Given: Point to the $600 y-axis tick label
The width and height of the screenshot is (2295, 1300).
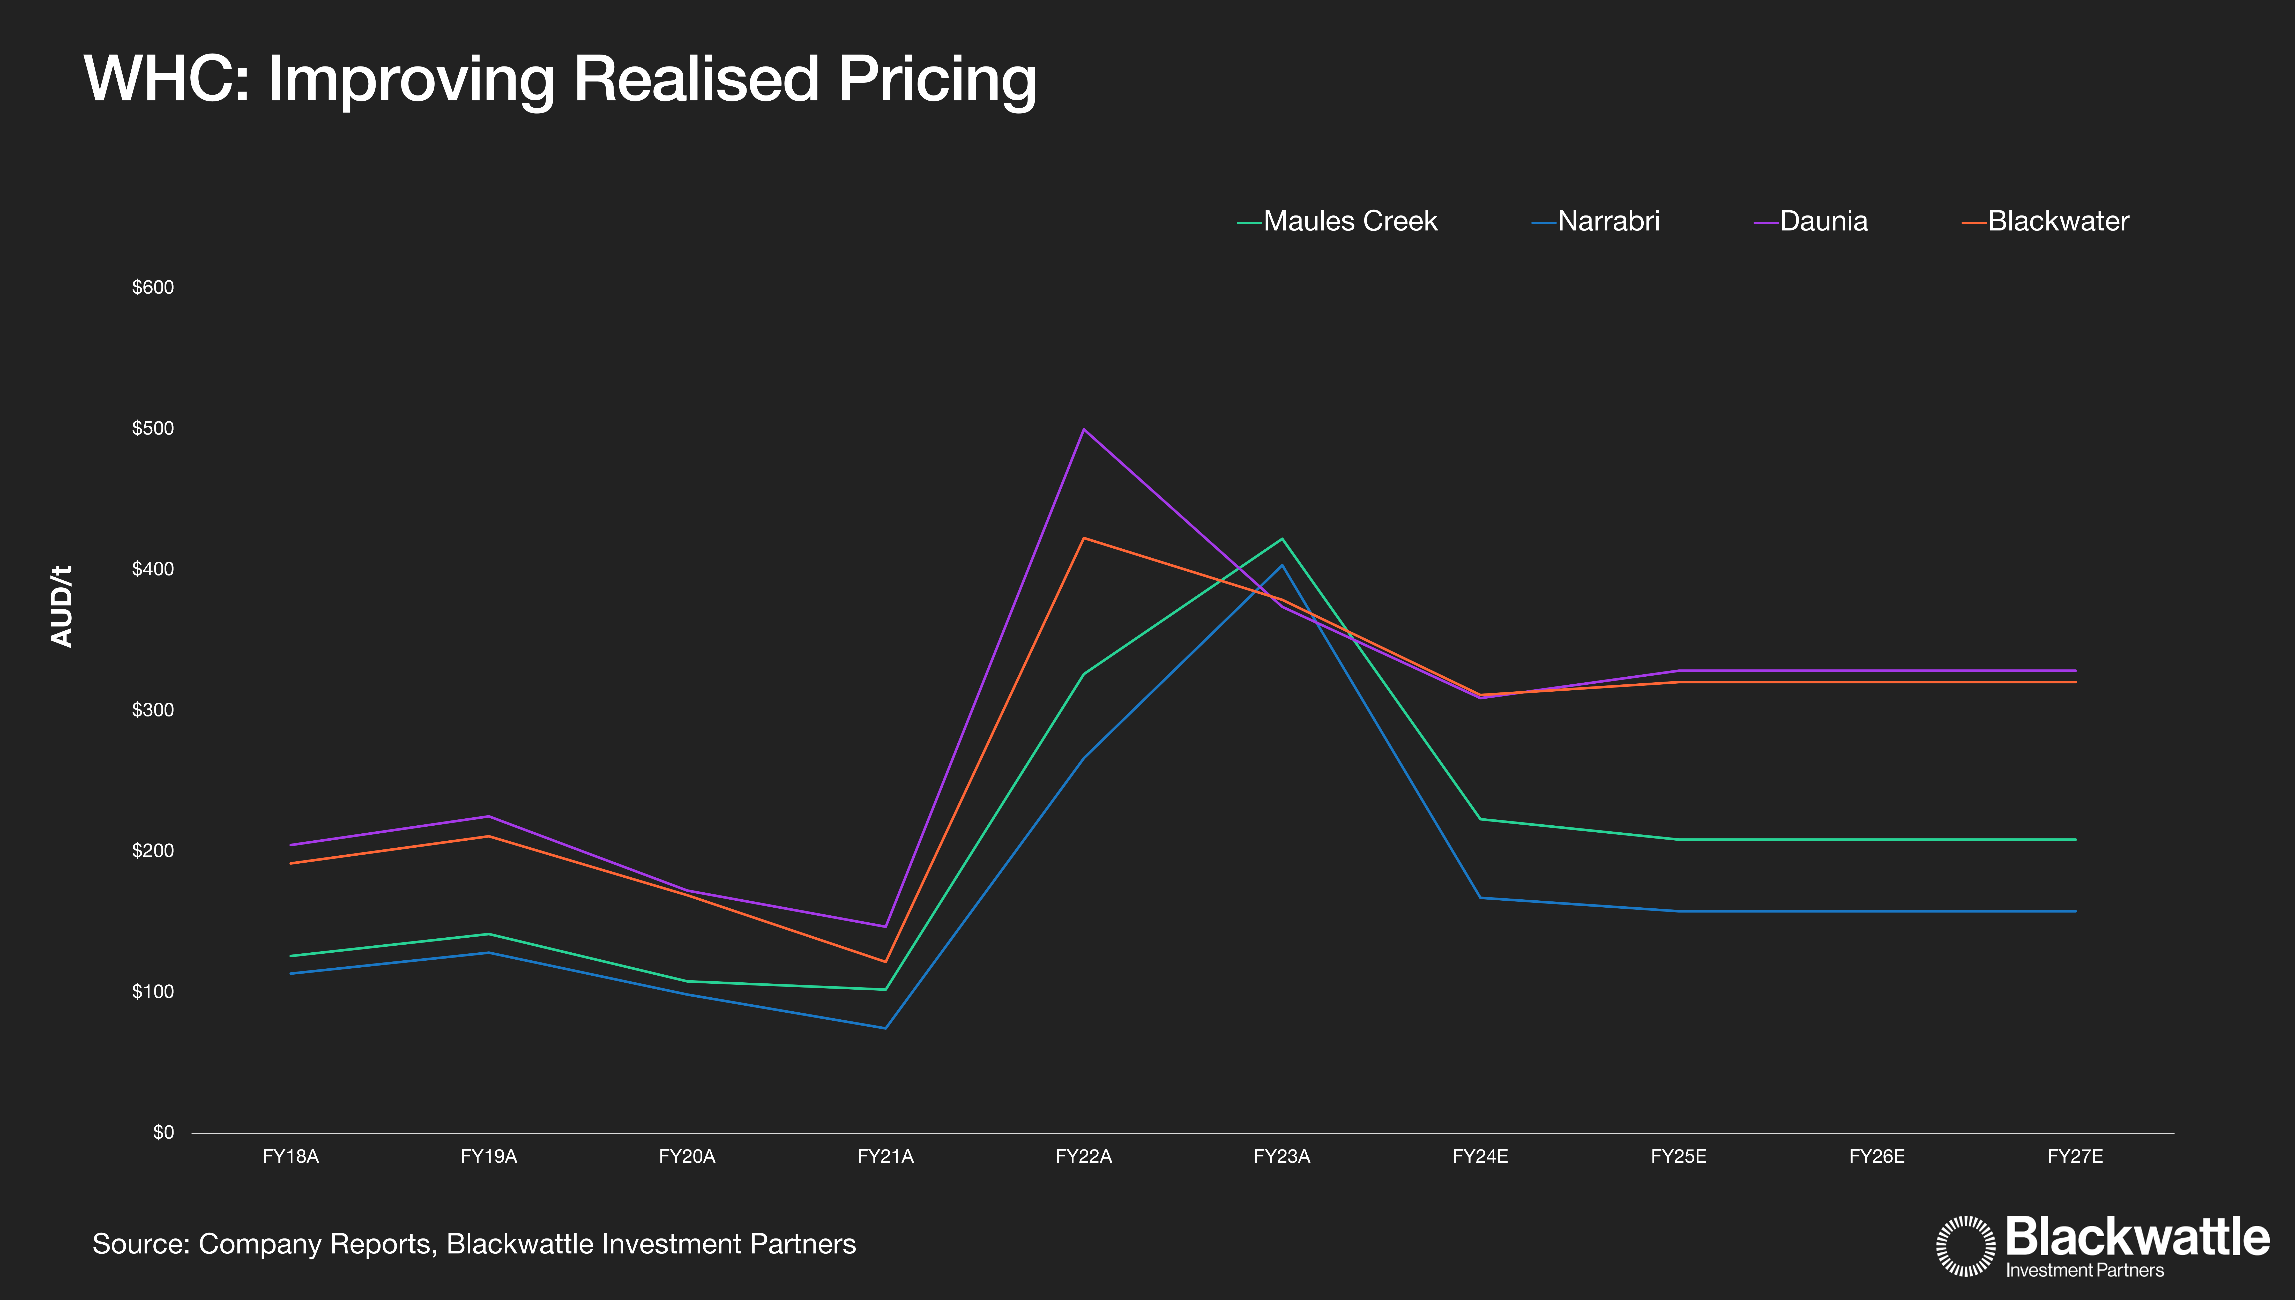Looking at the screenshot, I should click(x=153, y=288).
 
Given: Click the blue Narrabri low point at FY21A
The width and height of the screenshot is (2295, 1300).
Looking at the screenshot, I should click(x=885, y=1028).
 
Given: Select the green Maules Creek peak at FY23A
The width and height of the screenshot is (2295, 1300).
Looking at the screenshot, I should click(x=1282, y=539).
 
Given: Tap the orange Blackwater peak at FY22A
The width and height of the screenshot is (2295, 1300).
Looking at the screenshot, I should click(x=1084, y=539).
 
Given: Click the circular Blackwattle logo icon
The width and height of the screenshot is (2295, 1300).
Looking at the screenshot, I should click(x=1965, y=1245).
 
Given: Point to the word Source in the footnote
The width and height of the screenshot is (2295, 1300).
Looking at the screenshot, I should click(x=140, y=1244).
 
